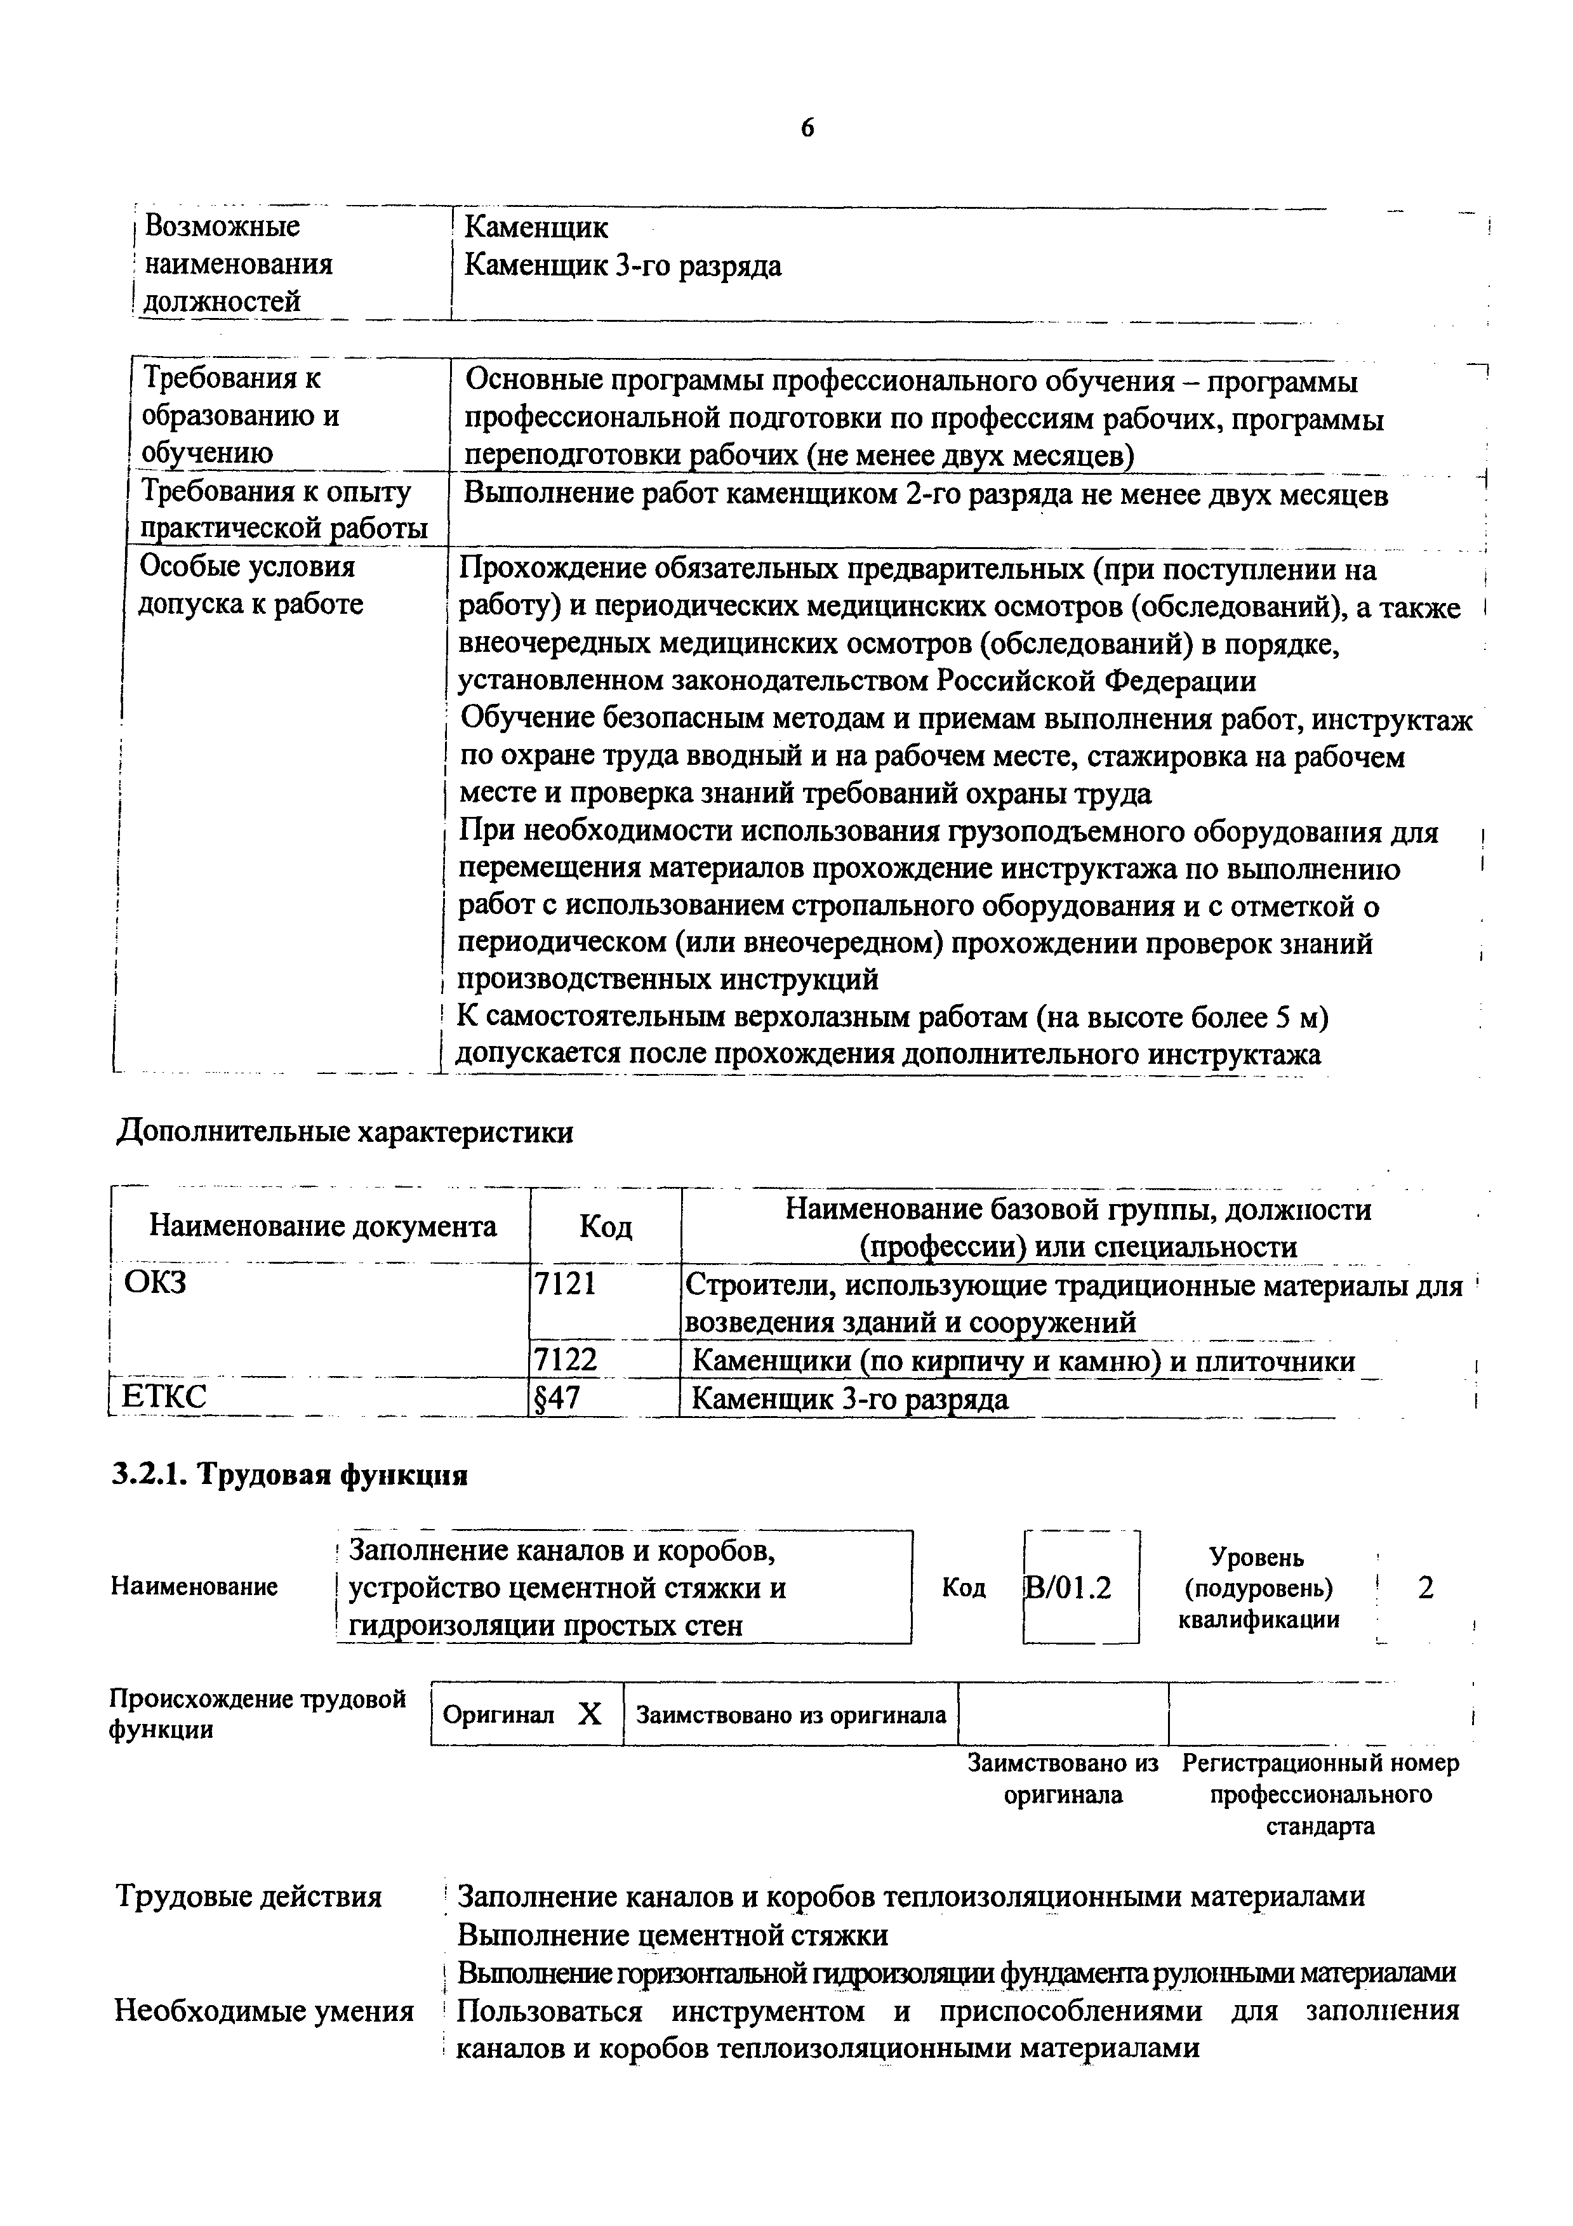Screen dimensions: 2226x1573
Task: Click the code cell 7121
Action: point(564,1285)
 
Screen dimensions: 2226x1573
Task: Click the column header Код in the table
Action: point(605,1228)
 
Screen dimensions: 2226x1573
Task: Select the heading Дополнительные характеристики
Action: point(345,1132)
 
